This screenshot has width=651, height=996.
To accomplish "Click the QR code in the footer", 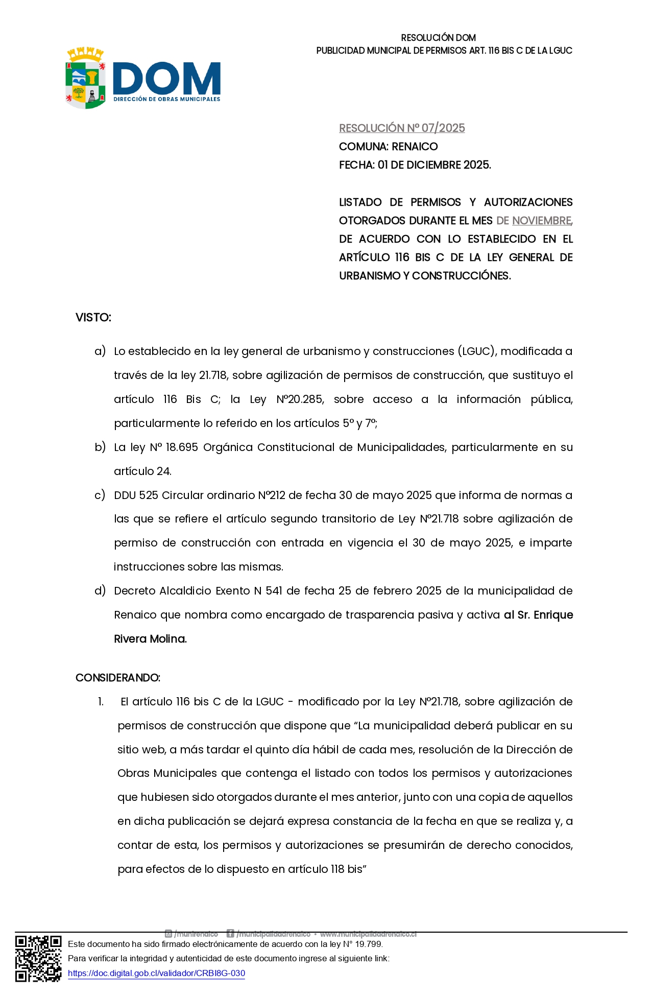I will click(x=38, y=958).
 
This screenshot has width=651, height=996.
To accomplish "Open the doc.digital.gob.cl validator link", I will click(x=156, y=973).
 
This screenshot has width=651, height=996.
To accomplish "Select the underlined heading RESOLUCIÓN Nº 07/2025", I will click(x=402, y=128).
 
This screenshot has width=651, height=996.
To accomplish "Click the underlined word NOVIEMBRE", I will click(x=541, y=221).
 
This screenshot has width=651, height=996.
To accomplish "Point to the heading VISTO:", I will click(x=93, y=318).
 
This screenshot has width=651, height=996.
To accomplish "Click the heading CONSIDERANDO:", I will click(x=118, y=678).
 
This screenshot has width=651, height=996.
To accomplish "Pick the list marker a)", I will click(x=100, y=351).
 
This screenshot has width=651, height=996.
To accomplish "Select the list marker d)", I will click(x=100, y=591).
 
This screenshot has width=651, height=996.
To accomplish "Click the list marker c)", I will click(x=100, y=495).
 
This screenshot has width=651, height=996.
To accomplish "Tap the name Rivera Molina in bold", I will click(x=150, y=639).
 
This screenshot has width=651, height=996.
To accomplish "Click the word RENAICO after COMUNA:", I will click(x=415, y=147).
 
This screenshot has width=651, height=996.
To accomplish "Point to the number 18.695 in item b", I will click(x=182, y=447).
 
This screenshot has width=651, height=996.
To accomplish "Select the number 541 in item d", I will click(x=274, y=591).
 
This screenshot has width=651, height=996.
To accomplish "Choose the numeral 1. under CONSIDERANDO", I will click(x=101, y=702).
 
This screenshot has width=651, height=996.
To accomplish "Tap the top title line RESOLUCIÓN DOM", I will click(x=438, y=38).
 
